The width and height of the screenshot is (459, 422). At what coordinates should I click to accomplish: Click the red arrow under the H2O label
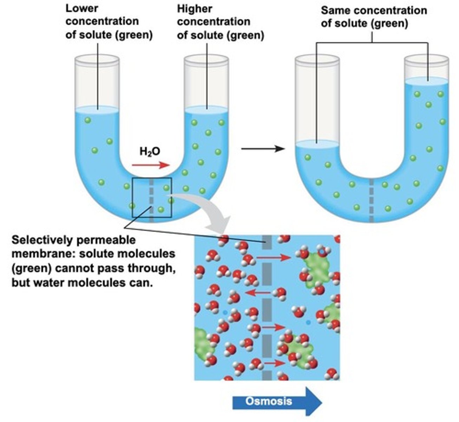click(151, 165)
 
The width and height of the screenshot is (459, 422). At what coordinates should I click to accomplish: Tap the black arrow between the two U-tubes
click(263, 149)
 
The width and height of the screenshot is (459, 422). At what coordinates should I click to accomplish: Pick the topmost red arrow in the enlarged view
click(274, 258)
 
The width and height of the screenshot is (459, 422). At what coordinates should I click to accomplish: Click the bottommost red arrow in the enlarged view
click(274, 363)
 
